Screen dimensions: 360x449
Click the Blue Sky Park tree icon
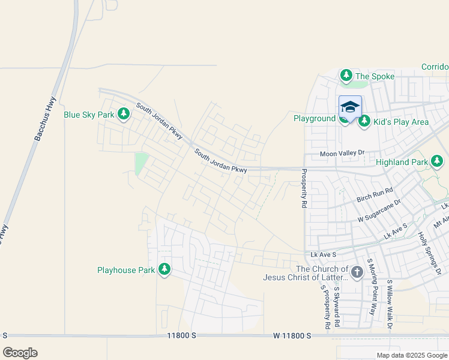coord(124,114)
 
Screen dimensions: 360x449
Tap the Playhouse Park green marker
coord(164,270)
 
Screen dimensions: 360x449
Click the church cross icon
coord(357,272)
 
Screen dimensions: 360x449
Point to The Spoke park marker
coord(346,76)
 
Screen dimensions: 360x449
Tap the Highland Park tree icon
coord(437,161)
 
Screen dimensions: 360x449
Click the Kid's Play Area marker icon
coord(364,122)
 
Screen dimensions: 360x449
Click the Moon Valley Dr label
coord(342,154)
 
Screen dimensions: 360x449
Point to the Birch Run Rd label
coord(375,194)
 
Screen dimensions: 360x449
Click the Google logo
coord(20,353)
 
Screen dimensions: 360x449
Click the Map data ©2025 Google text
coord(412,355)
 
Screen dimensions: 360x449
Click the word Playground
coord(314,118)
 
